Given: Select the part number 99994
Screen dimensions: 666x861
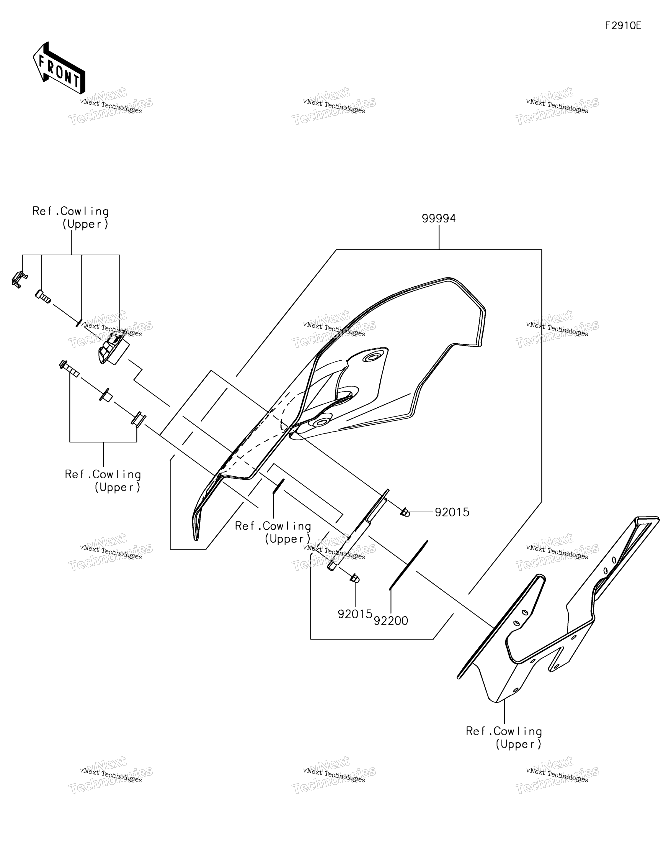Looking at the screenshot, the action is [x=439, y=218].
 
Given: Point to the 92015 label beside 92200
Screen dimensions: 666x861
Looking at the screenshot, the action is [x=355, y=614].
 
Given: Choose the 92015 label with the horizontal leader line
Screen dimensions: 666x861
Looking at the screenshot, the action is [x=452, y=512].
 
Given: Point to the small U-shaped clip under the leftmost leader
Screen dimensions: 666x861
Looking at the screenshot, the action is [x=19, y=279].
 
